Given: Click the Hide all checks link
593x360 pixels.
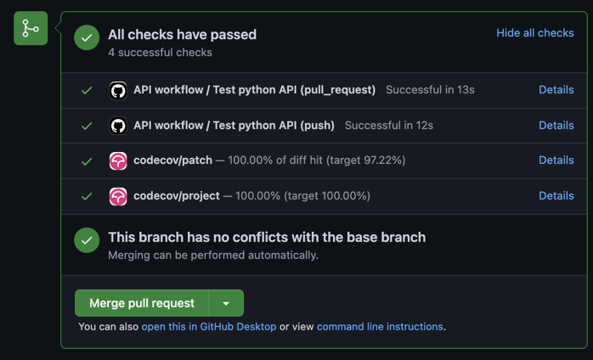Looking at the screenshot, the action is click(x=534, y=33).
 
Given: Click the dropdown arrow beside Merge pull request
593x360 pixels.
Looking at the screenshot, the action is click(x=226, y=303).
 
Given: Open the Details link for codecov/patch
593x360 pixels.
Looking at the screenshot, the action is click(x=556, y=160).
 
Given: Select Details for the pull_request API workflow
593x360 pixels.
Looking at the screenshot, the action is click(x=556, y=90).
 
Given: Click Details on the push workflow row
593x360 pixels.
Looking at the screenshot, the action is click(x=556, y=125).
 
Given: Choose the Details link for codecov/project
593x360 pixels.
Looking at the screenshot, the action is click(x=556, y=195).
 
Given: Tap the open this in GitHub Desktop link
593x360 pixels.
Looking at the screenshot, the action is click(x=209, y=326).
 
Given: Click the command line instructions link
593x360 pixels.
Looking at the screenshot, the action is click(x=380, y=326).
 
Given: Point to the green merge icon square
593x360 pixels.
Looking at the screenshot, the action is click(x=31, y=28).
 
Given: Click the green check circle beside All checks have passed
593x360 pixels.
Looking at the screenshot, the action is click(x=87, y=37).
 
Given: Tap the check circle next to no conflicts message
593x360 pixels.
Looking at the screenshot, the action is click(x=87, y=240).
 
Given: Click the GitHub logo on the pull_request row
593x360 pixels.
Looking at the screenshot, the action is click(x=118, y=90).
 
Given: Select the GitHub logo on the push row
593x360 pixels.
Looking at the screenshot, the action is click(x=118, y=126).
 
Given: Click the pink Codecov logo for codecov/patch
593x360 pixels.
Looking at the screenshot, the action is click(x=118, y=160).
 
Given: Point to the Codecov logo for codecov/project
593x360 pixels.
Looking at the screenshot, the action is click(x=118, y=197).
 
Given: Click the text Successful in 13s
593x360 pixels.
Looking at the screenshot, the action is click(x=430, y=90).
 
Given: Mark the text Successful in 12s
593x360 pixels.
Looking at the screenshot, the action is click(x=389, y=125).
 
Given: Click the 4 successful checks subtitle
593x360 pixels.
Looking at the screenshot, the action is click(x=160, y=52).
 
